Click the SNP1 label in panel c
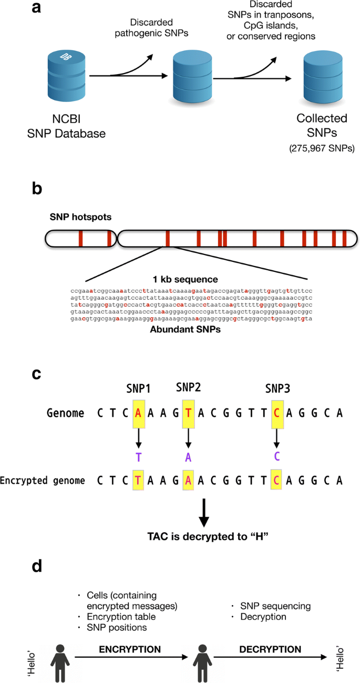point(138,390)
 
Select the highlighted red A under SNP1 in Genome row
point(138,413)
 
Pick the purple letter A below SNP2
point(188,457)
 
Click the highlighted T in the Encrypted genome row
point(138,480)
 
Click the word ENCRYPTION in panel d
point(130,649)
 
